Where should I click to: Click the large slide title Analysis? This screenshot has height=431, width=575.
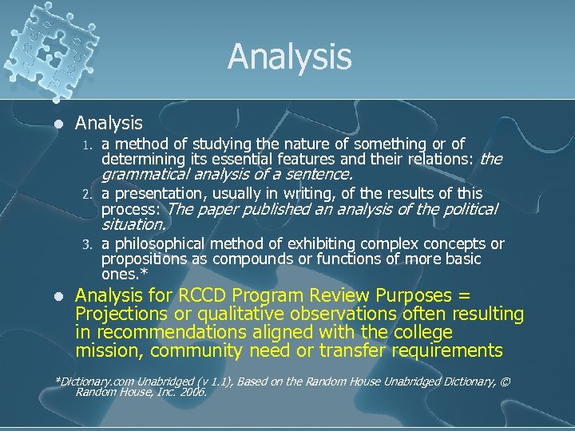(289, 57)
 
